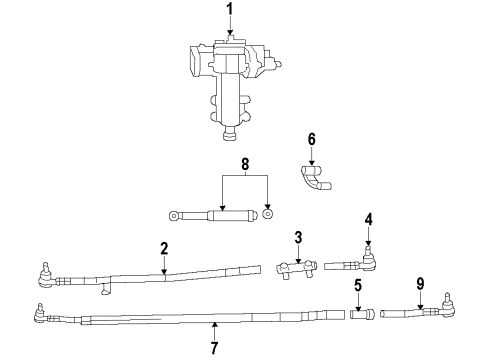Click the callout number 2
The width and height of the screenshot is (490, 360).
coord(164,249)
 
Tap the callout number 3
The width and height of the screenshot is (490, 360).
coord(297,238)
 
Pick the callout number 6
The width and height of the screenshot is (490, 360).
coord(311,139)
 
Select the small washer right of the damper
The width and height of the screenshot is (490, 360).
coord(267,214)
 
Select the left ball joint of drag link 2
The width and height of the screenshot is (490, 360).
coord(45,270)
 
